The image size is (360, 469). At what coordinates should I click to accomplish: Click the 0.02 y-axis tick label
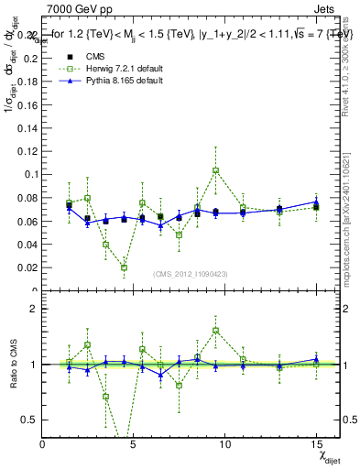[x=29, y=267]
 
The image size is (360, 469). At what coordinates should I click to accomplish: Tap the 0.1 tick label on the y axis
[x=33, y=174]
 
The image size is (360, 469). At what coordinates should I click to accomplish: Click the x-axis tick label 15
[x=315, y=445]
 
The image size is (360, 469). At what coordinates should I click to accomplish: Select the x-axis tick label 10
[x=224, y=445]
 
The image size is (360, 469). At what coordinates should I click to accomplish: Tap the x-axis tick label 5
[x=134, y=445]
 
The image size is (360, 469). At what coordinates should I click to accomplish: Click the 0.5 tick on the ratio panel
[x=31, y=420]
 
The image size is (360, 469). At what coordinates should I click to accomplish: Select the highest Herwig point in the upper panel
[x=215, y=170]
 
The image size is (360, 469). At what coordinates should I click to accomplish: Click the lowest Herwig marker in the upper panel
[x=124, y=267]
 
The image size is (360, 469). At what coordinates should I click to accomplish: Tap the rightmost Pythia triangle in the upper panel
[x=315, y=202]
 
